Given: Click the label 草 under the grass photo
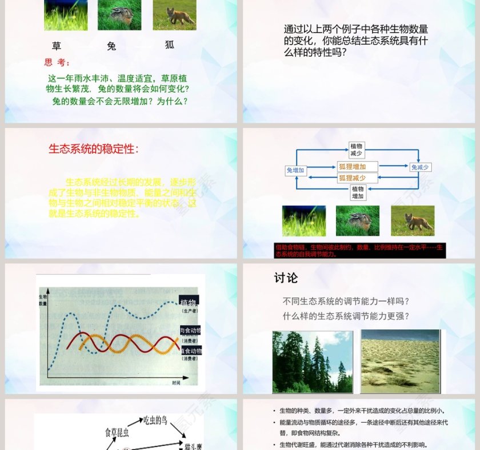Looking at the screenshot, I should coord(56,46).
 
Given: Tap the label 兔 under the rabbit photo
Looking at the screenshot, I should coord(111,46).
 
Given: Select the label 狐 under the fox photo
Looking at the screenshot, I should coord(170,45).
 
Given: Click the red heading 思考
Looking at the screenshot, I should coord(58,63).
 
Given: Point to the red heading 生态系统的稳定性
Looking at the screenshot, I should coord(93,149).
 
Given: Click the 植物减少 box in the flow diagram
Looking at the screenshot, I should coord(357,150).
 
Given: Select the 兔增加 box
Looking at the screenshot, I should coord(295,170).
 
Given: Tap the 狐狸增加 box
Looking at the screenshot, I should coord(357,167).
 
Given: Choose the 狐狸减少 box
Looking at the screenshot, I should coord(357,178).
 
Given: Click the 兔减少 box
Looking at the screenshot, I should coord(421,167).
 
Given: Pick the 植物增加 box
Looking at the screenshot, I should coord(358,192).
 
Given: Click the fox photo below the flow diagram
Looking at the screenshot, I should coord(413,221).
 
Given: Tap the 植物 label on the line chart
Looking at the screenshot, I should coord(189,303).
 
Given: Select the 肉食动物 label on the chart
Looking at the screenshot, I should coord(190,331).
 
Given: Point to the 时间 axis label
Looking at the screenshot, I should coord(177,383).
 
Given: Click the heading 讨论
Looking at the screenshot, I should coord(286,278).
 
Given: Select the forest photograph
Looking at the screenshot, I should coord(313,361).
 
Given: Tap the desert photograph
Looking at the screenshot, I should coord(400,361).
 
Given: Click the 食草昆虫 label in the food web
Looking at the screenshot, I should coord(118,432).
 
